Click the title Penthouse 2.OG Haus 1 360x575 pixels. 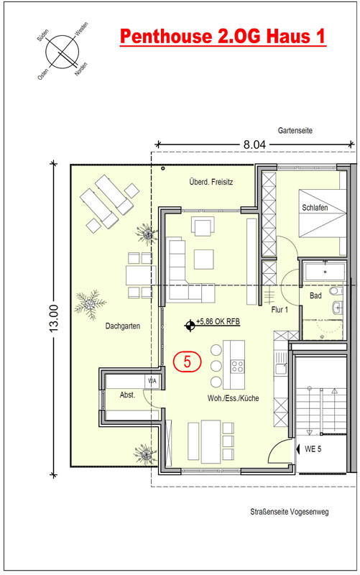coord(223,37)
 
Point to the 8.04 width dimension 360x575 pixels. coord(254,144)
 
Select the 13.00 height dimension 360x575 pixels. coord(54,318)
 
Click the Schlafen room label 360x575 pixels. coord(315,208)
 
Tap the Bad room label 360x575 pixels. coord(315,295)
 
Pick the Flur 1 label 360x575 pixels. coord(280,310)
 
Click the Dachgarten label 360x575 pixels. coord(122,326)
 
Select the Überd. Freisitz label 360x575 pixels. coord(211,182)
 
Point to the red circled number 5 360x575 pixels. coord(188,362)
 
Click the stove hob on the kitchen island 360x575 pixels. coord(237,367)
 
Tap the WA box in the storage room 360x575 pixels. coord(152,381)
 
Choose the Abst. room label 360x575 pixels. coord(128,395)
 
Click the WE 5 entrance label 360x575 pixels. coord(313,448)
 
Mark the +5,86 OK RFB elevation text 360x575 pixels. coord(218,321)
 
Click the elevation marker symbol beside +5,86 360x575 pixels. coord(190,325)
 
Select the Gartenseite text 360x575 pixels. coord(295,131)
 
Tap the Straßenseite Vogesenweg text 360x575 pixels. coord(290,512)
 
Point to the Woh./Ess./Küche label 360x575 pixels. coord(233,398)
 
